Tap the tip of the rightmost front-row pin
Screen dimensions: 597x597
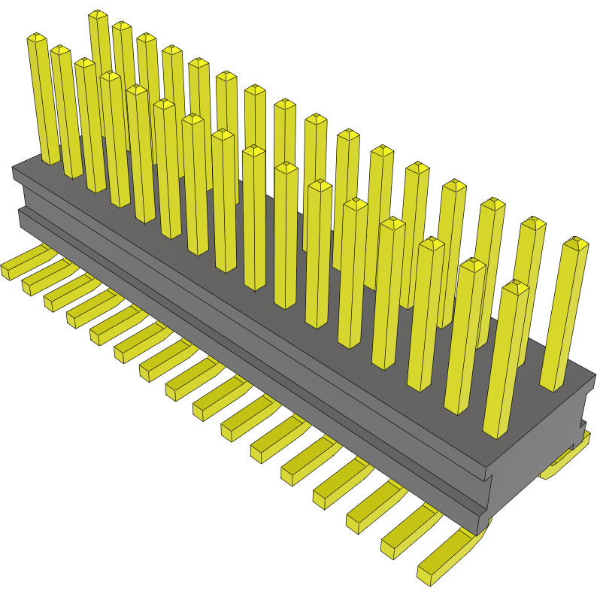pos(517,286)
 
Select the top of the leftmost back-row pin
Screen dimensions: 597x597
pos(98,15)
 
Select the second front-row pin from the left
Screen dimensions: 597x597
pos(66,113)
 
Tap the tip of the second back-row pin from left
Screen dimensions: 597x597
pos(122,27)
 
